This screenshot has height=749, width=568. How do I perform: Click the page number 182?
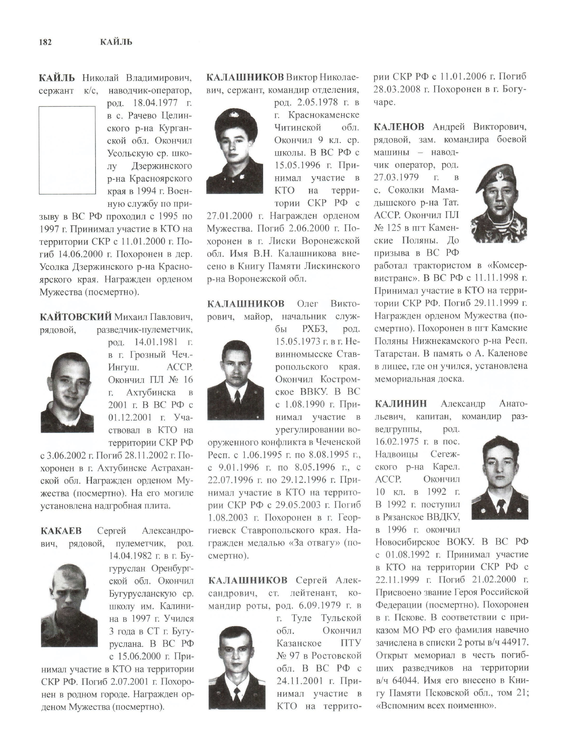pos(45,42)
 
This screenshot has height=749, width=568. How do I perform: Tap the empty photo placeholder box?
pos(67,150)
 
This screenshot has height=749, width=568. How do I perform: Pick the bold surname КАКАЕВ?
pos(61,531)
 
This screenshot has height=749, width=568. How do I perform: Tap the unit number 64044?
pos(405,680)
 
